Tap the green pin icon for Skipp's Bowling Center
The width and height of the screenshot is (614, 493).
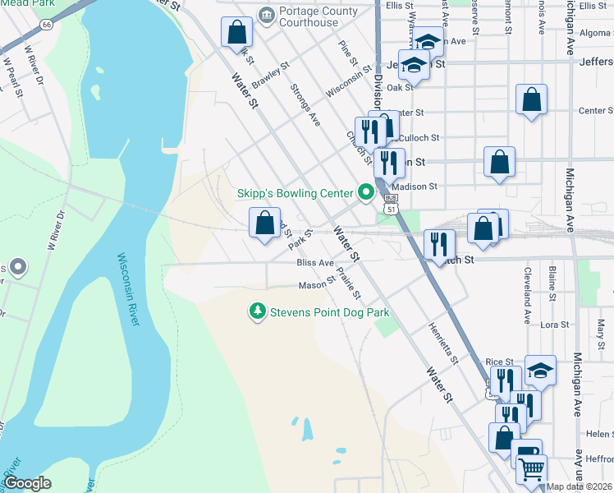365,194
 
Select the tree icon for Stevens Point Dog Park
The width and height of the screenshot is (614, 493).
258,312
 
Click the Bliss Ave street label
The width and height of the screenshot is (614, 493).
314,263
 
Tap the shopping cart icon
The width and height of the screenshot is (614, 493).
532,468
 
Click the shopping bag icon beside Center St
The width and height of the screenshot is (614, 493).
531,100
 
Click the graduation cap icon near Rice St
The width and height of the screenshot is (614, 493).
540,371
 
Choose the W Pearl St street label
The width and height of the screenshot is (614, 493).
11,72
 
